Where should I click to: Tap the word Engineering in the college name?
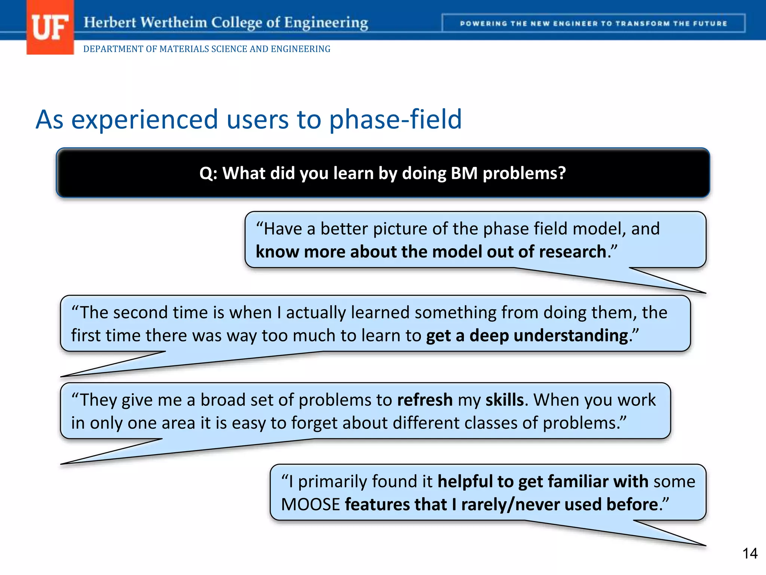click(326, 23)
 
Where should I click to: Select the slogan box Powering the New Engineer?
click(593, 24)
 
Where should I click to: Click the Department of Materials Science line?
click(206, 49)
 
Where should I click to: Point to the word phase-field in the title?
click(395, 119)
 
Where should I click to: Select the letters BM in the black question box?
click(464, 173)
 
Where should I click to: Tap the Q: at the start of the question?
click(208, 174)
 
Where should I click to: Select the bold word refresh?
click(425, 400)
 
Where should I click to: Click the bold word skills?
click(504, 400)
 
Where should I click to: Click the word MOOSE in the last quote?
click(310, 505)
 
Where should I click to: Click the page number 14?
click(750, 553)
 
